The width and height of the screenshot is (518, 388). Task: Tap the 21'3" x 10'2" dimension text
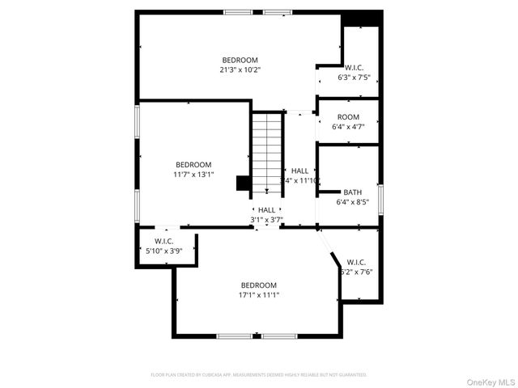pos(240,70)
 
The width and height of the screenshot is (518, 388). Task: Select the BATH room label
pos(352,192)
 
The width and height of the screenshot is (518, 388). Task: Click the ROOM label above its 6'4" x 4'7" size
pos(348,117)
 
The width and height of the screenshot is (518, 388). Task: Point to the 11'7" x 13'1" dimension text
pos(193,174)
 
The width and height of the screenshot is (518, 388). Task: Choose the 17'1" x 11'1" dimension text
pos(258,295)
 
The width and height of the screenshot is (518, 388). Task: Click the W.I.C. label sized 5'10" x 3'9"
pos(164,241)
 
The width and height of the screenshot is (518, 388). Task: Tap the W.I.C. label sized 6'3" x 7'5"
pos(354,68)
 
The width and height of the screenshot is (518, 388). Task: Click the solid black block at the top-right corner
pos(360,19)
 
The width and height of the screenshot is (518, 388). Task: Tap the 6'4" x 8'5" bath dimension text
pos(352,202)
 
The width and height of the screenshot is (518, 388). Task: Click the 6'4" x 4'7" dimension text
pos(348,127)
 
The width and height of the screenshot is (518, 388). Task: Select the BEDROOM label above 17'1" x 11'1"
pos(258,285)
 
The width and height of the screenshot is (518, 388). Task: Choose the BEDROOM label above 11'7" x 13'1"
pos(193,164)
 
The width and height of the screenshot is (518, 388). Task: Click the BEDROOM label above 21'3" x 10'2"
pos(240,60)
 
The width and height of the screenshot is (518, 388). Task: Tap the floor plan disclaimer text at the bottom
pos(259,375)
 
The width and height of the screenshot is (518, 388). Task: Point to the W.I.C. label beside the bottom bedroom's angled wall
pos(356,262)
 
